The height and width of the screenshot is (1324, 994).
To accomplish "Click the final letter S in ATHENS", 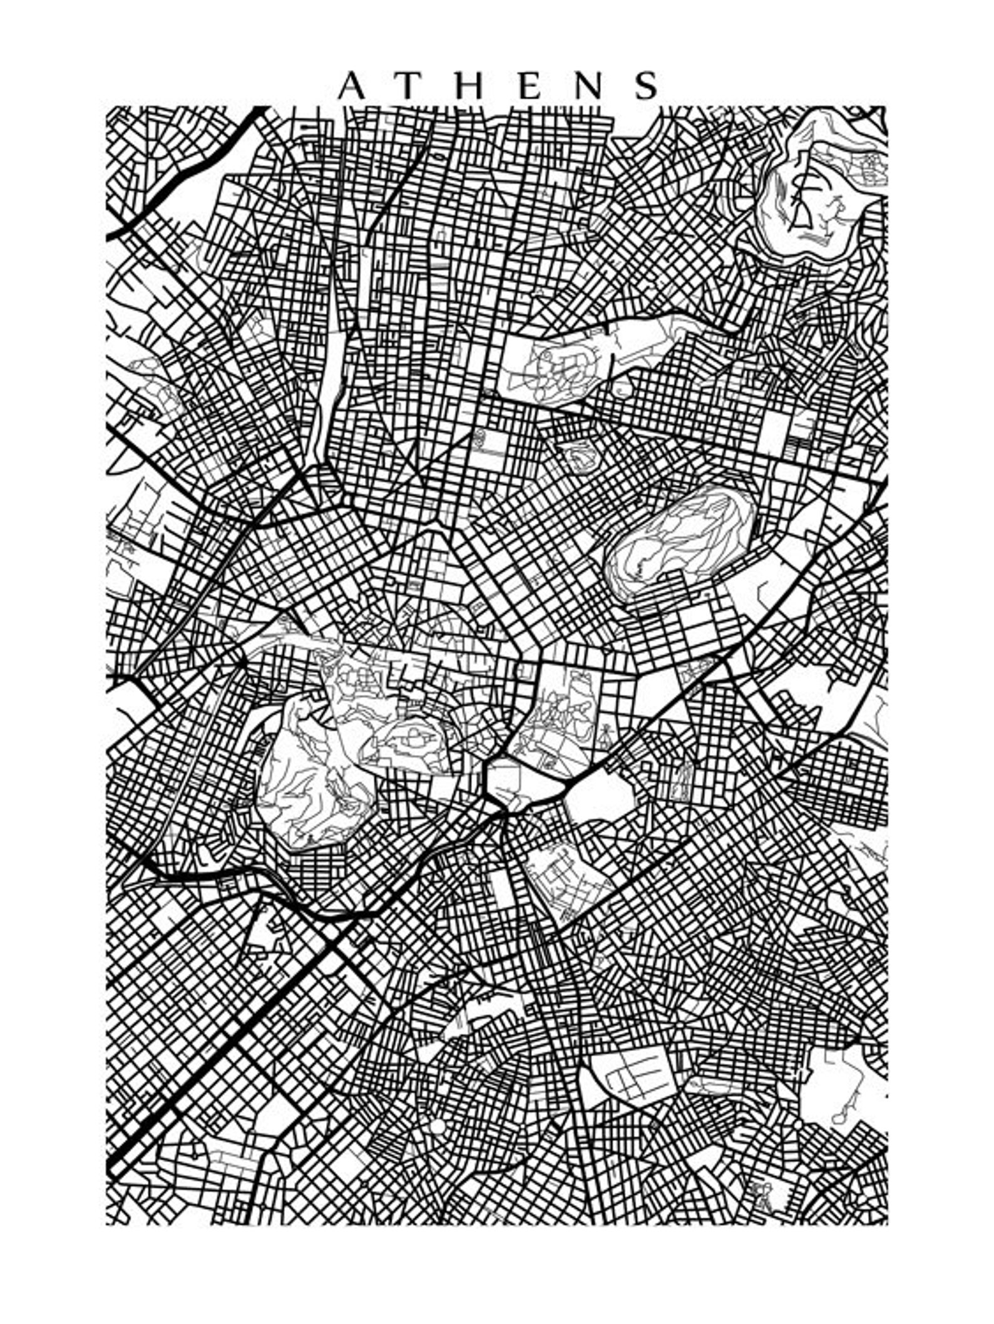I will point(647,86).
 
